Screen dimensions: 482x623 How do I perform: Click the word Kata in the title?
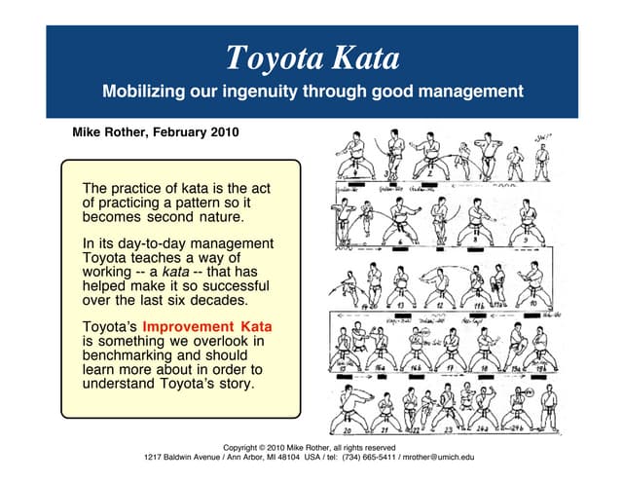point(364,57)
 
